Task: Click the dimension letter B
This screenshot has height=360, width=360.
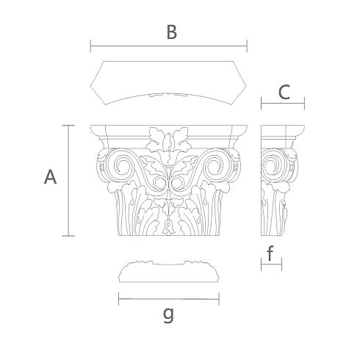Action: pos(171,32)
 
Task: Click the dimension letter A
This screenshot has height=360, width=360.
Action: pos(50,177)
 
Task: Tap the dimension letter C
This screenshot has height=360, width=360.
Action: pos(284,92)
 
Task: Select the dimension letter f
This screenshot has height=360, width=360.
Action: pos(270,253)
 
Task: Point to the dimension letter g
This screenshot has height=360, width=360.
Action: pos(168,315)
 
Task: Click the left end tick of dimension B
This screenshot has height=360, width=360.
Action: pos(90,46)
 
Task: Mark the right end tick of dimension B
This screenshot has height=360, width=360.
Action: pos(247,46)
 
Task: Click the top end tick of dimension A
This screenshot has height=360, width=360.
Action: pos(68,126)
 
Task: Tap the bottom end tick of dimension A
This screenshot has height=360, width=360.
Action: pos(68,236)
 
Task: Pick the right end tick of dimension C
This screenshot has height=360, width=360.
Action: pos(304,103)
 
